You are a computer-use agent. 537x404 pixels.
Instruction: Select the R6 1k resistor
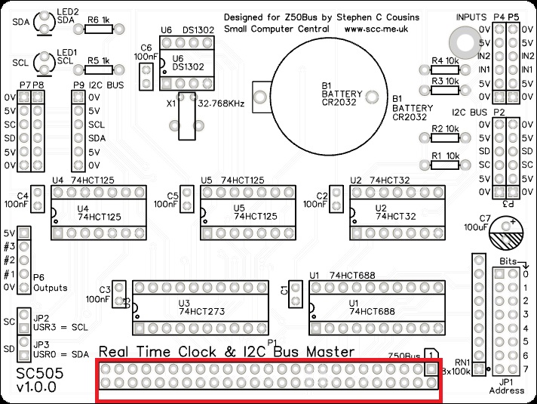click(x=98, y=29)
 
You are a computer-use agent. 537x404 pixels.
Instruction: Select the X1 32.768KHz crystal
click(x=186, y=117)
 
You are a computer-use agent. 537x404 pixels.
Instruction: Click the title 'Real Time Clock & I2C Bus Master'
click(x=227, y=352)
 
